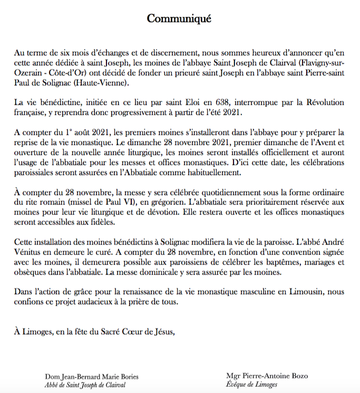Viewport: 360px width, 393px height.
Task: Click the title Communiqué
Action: pos(179,19)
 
